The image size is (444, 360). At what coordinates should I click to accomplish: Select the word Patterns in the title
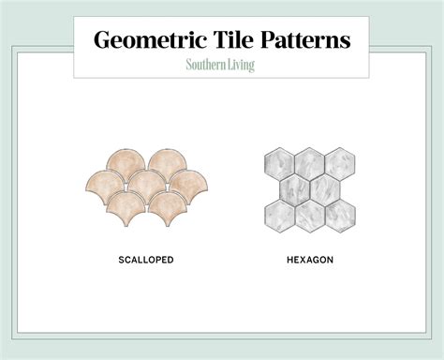pyautogui.click(x=306, y=40)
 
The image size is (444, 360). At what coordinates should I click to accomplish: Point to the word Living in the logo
pyautogui.click(x=240, y=66)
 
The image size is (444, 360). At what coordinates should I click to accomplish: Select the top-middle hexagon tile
pyautogui.click(x=310, y=167)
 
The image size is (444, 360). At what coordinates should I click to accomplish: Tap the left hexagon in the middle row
pyautogui.click(x=296, y=190)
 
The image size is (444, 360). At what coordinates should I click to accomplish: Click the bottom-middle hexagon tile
pyautogui.click(x=310, y=215)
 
